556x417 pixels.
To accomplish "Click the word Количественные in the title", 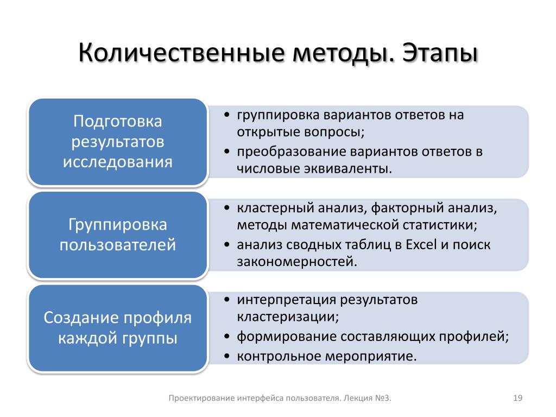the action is (181, 53).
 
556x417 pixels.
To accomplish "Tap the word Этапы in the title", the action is (440, 53).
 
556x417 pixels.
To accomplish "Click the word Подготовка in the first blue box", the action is (118, 122).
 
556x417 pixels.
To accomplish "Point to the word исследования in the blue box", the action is (118, 162).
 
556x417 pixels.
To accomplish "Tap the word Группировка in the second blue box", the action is (118, 225).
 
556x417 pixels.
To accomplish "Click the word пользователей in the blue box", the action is (118, 245).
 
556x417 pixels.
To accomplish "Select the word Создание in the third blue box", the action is (79, 318).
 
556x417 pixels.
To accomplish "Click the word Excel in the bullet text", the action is (421, 245).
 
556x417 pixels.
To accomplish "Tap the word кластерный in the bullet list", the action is (275, 208).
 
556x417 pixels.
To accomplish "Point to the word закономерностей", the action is (297, 262).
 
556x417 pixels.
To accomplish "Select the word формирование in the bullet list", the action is (286, 337).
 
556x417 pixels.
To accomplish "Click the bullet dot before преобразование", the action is (228, 152).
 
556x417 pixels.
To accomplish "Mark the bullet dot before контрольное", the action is (228, 356).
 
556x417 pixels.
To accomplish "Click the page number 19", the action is (517, 398).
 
